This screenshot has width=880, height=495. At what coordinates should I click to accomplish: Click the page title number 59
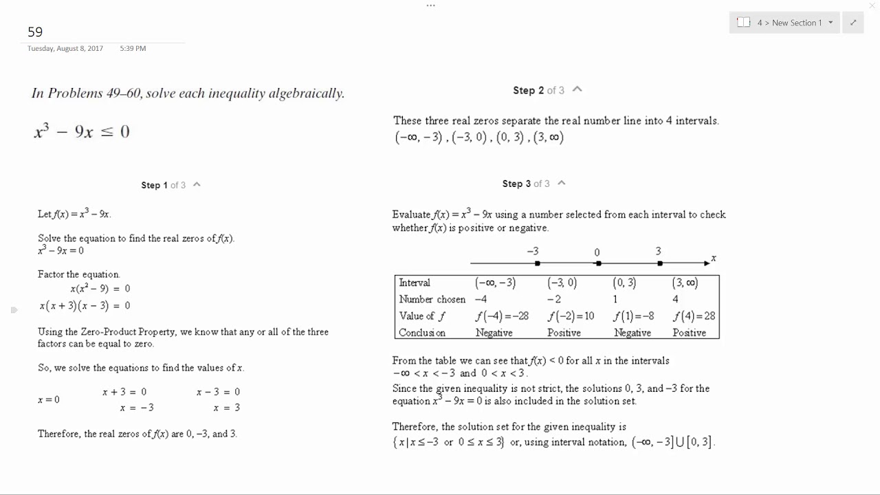click(x=35, y=32)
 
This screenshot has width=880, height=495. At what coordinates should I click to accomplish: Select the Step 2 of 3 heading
click(x=538, y=91)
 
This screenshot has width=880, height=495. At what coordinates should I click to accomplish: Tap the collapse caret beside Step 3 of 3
click(x=562, y=183)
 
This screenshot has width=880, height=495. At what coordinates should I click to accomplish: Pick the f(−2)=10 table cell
click(x=571, y=316)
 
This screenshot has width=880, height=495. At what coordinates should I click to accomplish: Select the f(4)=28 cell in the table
click(x=694, y=316)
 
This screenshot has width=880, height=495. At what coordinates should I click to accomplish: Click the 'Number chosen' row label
click(x=432, y=300)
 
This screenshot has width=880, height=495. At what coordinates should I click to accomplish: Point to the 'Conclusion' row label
click(x=422, y=333)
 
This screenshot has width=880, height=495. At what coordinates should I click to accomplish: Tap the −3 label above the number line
click(x=533, y=252)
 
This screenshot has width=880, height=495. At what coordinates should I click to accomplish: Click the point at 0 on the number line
click(x=598, y=263)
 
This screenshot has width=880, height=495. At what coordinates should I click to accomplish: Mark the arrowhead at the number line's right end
click(x=707, y=263)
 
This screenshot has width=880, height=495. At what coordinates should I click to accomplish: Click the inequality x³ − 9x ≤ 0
click(x=82, y=131)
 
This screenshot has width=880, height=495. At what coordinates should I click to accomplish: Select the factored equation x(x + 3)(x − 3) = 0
click(x=85, y=306)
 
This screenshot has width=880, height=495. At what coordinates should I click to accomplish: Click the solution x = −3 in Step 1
click(x=137, y=408)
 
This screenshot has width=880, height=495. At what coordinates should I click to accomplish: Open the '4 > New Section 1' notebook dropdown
click(x=784, y=23)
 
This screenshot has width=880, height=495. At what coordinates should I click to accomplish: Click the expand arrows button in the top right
click(x=853, y=23)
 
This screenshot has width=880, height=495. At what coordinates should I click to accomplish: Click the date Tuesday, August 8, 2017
click(x=65, y=49)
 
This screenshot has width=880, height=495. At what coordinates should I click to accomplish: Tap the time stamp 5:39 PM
click(x=133, y=49)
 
